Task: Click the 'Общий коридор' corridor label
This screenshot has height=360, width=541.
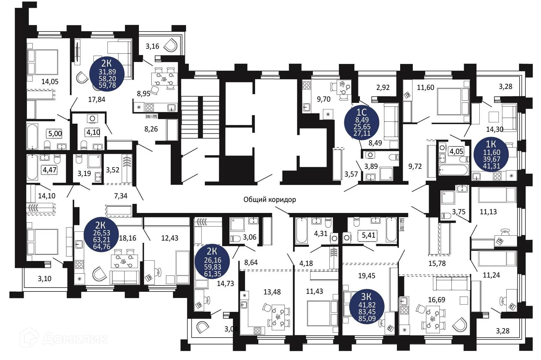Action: [270, 200]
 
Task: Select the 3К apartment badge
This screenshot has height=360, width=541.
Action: [367, 307]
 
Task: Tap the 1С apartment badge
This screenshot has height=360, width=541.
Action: [362, 123]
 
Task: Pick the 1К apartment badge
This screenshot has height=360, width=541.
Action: [491, 155]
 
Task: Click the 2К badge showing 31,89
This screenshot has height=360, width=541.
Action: [107, 74]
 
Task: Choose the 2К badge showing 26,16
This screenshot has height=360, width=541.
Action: [212, 261]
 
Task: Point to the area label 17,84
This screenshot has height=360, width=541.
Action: [97, 99]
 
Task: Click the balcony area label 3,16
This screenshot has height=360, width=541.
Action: [153, 46]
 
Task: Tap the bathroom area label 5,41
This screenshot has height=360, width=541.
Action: [368, 235]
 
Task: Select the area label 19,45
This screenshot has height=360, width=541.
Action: [367, 276]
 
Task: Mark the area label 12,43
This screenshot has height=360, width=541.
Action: [170, 238]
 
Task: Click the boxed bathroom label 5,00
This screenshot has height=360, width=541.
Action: [55, 134]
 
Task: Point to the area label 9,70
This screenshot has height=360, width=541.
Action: [324, 99]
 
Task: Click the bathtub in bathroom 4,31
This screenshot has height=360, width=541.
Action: [301, 230]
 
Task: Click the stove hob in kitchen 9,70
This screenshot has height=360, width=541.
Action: [307, 85]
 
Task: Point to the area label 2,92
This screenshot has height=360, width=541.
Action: [383, 87]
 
